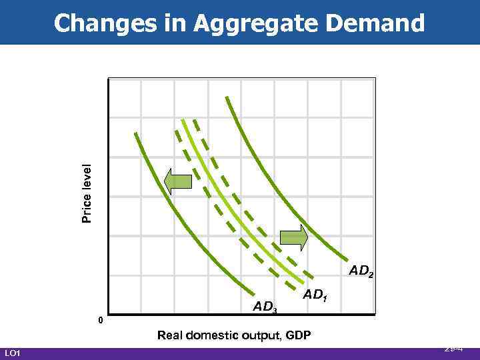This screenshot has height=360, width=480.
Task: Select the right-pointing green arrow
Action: click(293, 238)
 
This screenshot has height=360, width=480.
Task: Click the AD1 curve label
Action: click(315, 294)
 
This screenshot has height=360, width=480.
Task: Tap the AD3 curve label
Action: click(265, 307)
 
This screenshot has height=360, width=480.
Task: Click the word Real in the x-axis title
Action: click(170, 335)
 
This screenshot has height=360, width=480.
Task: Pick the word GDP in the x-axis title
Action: click(297, 335)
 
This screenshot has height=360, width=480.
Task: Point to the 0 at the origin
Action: click(100, 321)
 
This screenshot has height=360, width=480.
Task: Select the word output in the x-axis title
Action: click(259, 335)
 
